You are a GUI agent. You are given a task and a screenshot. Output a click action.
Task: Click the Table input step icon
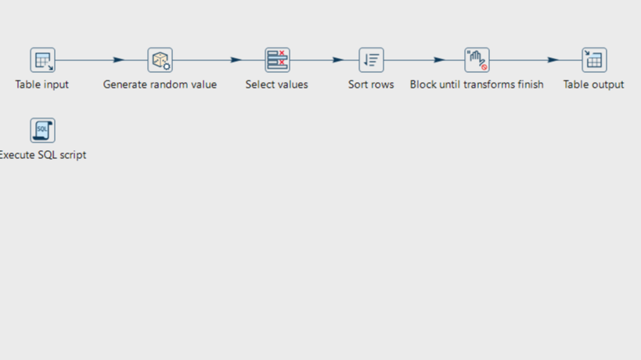coord(43,60)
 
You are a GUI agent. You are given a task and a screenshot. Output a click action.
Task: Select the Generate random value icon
coord(160,60)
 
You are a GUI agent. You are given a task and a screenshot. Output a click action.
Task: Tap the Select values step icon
coord(277,60)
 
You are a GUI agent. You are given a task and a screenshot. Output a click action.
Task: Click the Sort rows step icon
coord(371,60)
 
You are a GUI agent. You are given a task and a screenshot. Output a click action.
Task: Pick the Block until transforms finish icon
coord(477,60)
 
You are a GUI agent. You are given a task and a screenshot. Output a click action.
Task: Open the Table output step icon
coord(594,60)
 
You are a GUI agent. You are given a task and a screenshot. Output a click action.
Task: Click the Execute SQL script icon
coord(43,131)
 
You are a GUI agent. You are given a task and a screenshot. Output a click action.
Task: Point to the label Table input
coord(42,85)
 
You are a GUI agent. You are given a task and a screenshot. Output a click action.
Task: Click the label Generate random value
coord(160,85)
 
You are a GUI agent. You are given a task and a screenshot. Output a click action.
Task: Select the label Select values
coord(277,85)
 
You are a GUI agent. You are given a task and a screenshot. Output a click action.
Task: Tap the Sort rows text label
coord(371,85)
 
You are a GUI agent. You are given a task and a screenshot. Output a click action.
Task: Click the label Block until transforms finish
coord(476,85)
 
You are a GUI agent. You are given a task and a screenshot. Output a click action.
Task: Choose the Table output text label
coord(593,85)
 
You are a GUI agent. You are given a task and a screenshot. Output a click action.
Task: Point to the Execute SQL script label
coord(43,155)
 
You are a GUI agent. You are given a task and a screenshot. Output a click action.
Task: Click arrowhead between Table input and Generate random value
coord(118,60)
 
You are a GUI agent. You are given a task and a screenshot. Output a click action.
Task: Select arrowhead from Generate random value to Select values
coord(236,60)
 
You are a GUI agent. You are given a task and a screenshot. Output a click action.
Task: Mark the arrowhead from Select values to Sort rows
coord(338,60)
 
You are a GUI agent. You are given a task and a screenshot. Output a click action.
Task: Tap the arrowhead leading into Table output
coord(553,60)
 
